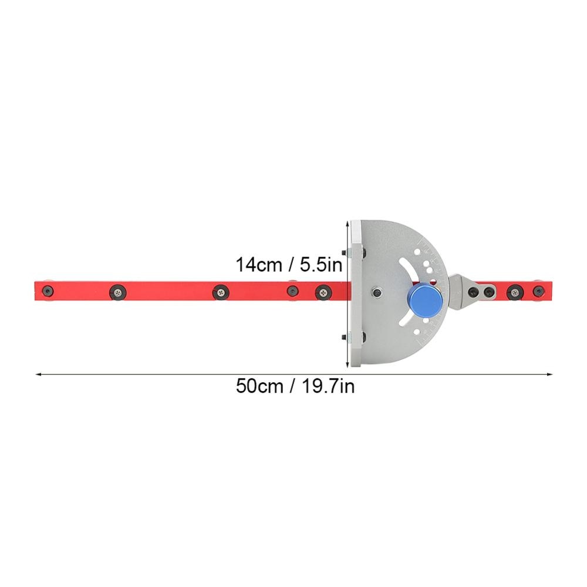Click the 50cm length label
pos(258,387)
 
